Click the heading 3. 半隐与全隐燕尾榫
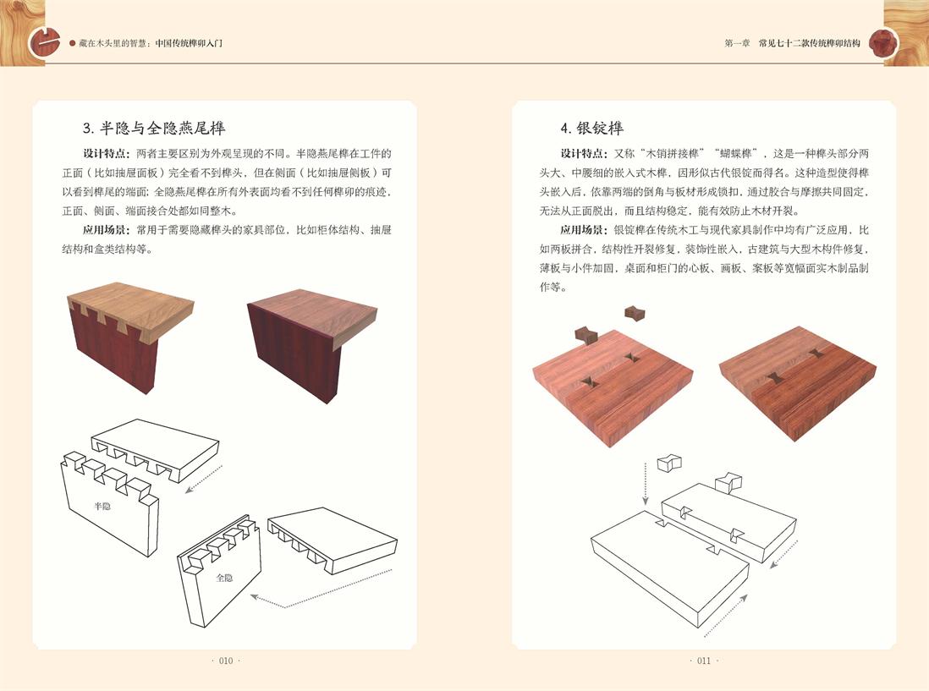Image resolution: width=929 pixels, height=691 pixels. [x=153, y=128]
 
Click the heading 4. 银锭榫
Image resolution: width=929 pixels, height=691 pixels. [x=591, y=128]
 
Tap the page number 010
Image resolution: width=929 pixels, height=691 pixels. [x=226, y=661]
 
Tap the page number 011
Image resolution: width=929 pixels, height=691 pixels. [x=703, y=661]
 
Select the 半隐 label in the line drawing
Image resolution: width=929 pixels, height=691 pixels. [x=102, y=507]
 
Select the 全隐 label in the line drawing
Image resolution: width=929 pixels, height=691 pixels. [x=224, y=578]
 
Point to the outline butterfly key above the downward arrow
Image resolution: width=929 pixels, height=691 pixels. [x=669, y=463]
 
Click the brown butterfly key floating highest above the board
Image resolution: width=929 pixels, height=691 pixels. [x=634, y=313]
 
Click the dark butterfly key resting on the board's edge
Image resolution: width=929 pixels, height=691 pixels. [x=586, y=335]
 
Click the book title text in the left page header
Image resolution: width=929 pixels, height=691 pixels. [x=151, y=43]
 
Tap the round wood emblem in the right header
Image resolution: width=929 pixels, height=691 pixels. [x=882, y=42]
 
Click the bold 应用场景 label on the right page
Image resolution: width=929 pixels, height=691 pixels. [x=583, y=230]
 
